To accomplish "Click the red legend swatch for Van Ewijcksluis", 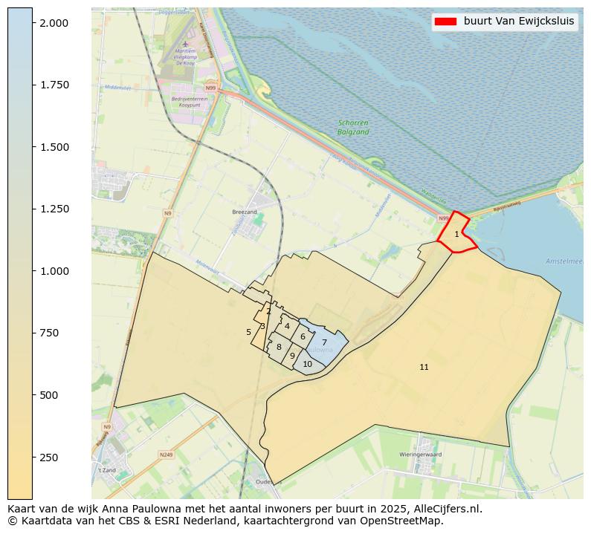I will tap(445, 21).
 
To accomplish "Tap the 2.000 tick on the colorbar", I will tap(54, 23).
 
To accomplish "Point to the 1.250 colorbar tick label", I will tap(54, 209).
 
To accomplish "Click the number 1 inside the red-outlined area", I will tap(456, 234).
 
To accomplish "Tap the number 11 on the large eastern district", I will tap(424, 367).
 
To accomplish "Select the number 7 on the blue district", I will tap(324, 342).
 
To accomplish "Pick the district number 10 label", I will tap(307, 364).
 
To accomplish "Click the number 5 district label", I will tap(248, 332).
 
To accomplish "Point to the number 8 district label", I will tap(279, 347).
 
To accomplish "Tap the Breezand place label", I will tap(244, 212).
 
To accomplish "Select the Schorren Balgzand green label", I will tap(353, 127).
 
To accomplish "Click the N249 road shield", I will tap(166, 455).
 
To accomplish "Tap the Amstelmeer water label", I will tap(564, 261).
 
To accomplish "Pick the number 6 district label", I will tap(303, 336).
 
